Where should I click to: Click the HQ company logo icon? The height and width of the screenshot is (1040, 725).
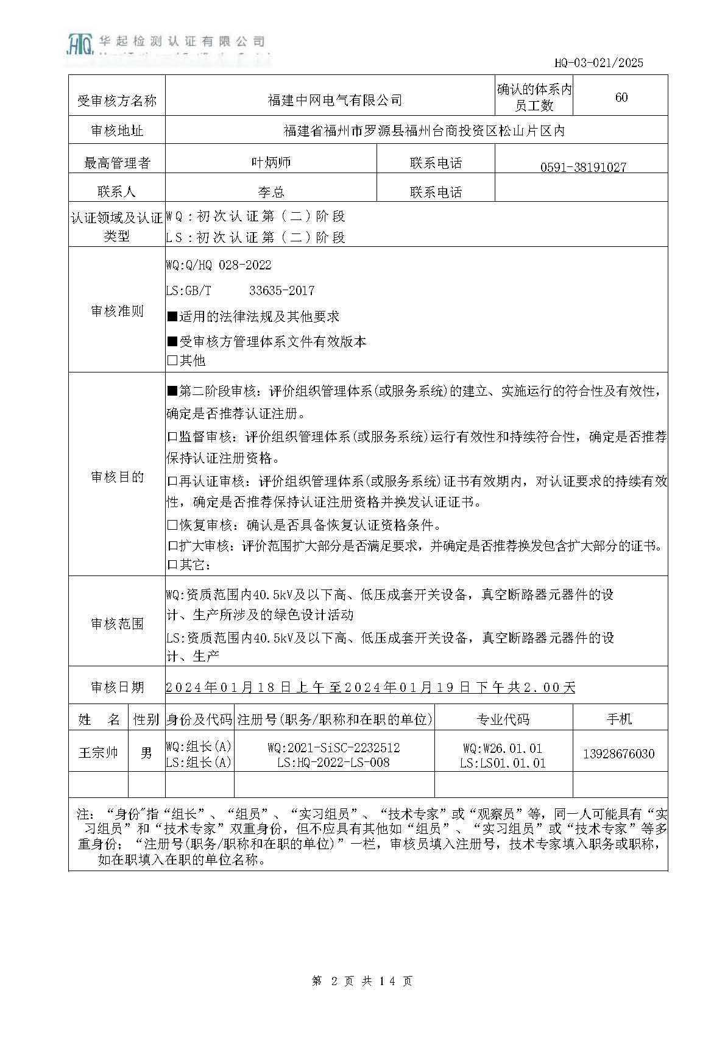click(79, 43)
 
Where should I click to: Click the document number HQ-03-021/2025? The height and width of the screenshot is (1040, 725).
click(598, 62)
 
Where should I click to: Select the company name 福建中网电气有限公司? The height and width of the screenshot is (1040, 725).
click(334, 100)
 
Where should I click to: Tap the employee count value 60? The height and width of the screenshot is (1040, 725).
click(621, 98)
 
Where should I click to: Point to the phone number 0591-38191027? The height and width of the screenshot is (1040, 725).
click(583, 167)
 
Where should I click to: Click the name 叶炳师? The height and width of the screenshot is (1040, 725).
click(271, 162)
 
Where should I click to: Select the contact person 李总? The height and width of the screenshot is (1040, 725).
click(271, 192)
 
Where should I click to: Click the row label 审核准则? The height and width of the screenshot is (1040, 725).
click(117, 311)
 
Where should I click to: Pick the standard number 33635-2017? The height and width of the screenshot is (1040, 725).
click(281, 291)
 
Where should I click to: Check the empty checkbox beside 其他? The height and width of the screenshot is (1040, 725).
click(172, 360)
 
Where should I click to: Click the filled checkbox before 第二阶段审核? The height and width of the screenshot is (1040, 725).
click(172, 391)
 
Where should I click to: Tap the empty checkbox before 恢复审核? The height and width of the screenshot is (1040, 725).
click(172, 525)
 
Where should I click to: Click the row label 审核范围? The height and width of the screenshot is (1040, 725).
click(117, 623)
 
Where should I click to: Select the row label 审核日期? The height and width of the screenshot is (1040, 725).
click(117, 687)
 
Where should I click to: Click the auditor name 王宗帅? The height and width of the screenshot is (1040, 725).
click(98, 752)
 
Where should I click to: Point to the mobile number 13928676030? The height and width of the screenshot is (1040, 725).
click(618, 753)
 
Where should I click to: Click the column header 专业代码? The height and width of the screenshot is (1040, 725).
click(503, 719)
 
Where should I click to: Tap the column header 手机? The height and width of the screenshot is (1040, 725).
click(619, 719)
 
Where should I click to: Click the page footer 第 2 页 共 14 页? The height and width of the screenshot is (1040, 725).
click(362, 981)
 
